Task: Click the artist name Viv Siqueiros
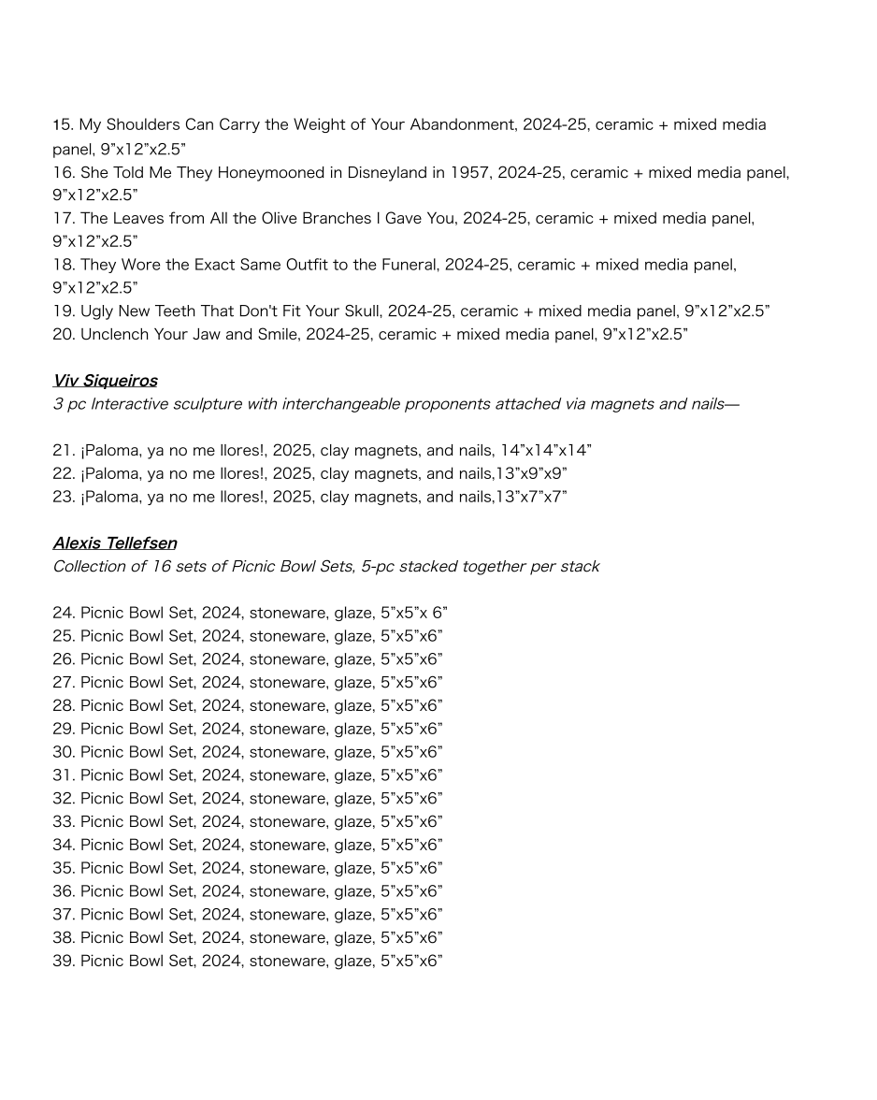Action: point(105,381)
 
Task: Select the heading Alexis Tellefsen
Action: point(114,543)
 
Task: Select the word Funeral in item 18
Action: point(407,265)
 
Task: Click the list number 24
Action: point(64,614)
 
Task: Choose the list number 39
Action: point(64,961)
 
